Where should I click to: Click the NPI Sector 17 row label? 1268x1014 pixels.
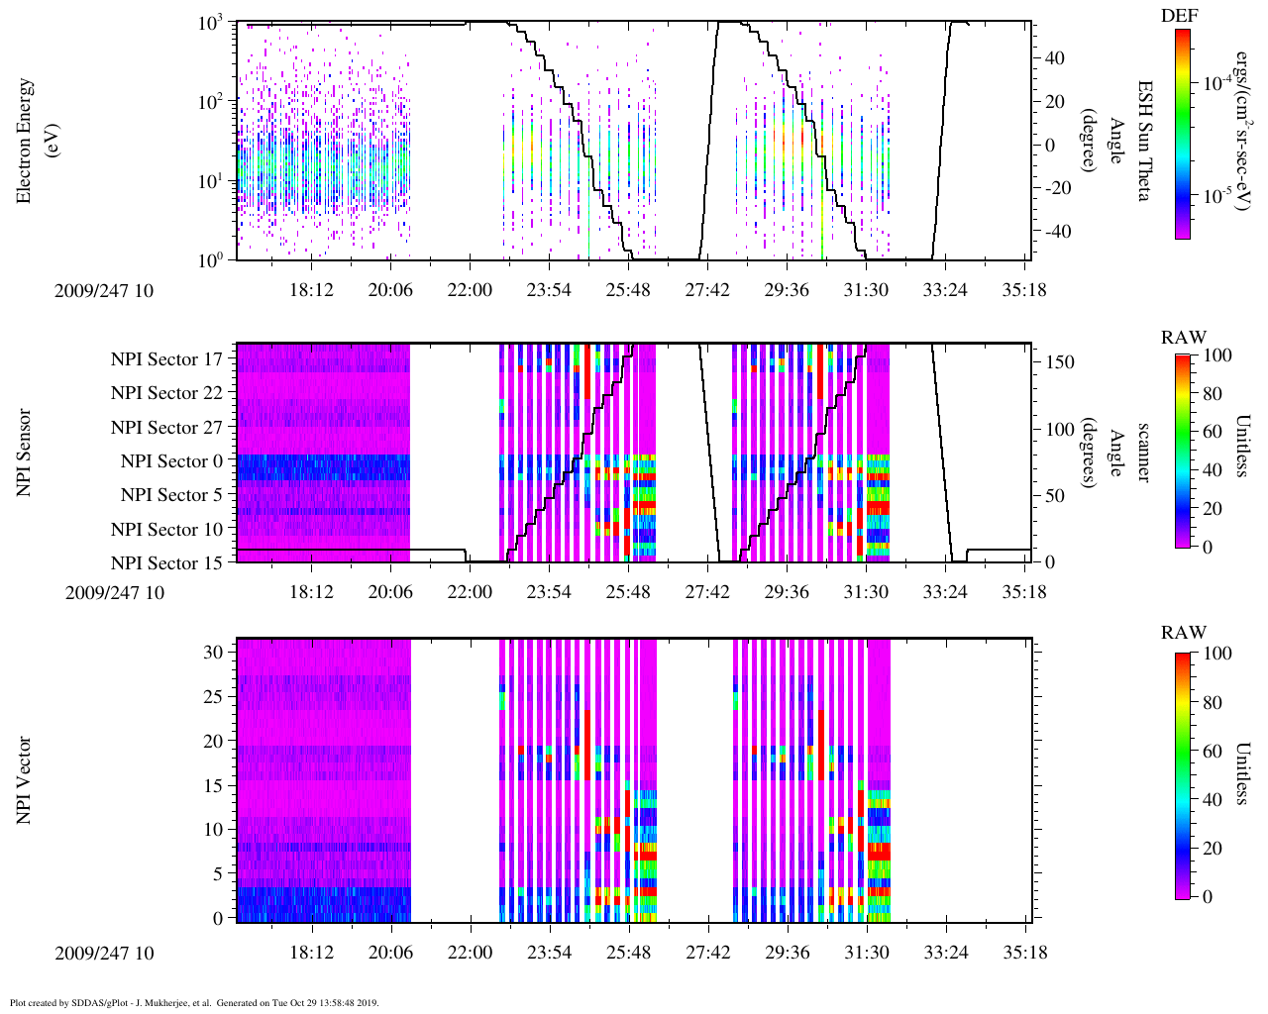(x=166, y=359)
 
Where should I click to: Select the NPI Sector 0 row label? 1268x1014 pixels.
(x=171, y=461)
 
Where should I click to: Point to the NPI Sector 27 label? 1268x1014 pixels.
(x=166, y=428)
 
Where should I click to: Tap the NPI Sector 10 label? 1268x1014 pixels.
(x=166, y=530)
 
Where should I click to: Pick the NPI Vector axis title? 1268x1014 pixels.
(x=24, y=780)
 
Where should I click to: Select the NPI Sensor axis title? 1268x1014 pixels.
(x=24, y=453)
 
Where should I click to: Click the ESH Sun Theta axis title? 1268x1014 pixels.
(x=1142, y=141)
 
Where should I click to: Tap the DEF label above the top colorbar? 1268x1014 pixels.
(x=1179, y=16)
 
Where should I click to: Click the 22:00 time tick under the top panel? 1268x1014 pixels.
(x=469, y=290)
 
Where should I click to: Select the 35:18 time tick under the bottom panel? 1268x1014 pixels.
(x=1024, y=953)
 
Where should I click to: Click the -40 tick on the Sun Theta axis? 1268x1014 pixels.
(x=1053, y=231)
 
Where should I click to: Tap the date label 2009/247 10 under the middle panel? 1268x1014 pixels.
(x=115, y=593)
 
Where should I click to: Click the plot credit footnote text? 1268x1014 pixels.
(x=194, y=1002)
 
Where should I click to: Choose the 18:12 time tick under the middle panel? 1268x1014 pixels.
(x=311, y=592)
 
